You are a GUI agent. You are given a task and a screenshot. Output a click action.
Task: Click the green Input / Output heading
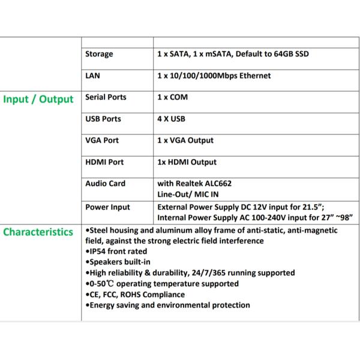pyautogui.click(x=38, y=99)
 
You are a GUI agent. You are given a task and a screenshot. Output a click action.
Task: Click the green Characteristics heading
pyautogui.click(x=38, y=232)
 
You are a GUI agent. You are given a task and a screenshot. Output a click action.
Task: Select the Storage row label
pyautogui.click(x=99, y=54)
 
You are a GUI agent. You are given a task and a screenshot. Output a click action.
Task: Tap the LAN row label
pyautogui.click(x=92, y=76)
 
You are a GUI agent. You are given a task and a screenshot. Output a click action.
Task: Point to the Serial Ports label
pyautogui.click(x=106, y=97)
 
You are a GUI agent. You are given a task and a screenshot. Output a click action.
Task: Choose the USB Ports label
pyautogui.click(x=103, y=119)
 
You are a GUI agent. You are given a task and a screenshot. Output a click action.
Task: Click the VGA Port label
pyautogui.click(x=102, y=140)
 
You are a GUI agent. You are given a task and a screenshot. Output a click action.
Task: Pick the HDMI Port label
pyautogui.click(x=104, y=162)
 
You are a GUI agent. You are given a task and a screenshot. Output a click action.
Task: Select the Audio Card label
pyautogui.click(x=105, y=184)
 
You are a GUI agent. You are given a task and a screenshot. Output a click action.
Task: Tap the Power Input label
pyautogui.click(x=107, y=207)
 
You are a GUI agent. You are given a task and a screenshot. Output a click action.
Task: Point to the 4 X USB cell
pyautogui.click(x=171, y=119)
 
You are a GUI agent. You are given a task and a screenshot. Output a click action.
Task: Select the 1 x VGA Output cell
pyautogui.click(x=185, y=140)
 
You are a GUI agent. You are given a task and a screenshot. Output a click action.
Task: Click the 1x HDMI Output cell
pyautogui.click(x=187, y=162)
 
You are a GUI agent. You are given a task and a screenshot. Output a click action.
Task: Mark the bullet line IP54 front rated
pyautogui.click(x=116, y=251)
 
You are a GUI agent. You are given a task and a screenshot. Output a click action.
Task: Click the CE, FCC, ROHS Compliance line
pyautogui.click(x=135, y=295)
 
